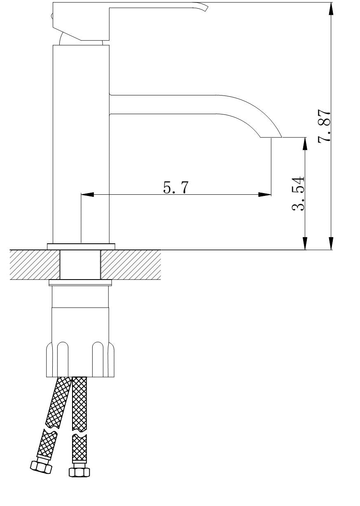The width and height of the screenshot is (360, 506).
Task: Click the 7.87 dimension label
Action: pyautogui.click(x=324, y=126)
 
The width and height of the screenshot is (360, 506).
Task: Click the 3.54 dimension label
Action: pyautogui.click(x=298, y=194)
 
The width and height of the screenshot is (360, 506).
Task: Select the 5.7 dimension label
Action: pyautogui.click(x=175, y=187)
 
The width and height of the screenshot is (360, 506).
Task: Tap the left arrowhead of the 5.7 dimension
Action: pyautogui.click(x=87, y=194)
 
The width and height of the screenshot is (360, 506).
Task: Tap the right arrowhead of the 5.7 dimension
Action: pyautogui.click(x=265, y=194)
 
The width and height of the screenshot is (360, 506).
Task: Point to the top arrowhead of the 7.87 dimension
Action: pyautogui.click(x=331, y=9)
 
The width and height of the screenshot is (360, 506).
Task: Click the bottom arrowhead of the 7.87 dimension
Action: pyautogui.click(x=331, y=243)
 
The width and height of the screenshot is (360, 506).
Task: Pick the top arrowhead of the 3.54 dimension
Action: pyautogui.click(x=305, y=144)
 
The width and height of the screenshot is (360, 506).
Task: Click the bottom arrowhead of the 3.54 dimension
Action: pyautogui.click(x=305, y=243)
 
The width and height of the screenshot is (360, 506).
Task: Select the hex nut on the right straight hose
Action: pyautogui.click(x=79, y=472)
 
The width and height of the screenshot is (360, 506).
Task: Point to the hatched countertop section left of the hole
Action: pyautogui.click(x=35, y=265)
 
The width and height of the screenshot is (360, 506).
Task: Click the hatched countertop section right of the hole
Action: pyautogui.click(x=131, y=265)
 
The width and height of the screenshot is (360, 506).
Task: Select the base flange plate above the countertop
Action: pyautogui.click(x=81, y=247)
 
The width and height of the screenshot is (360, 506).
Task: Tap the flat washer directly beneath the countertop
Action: pyautogui.click(x=80, y=283)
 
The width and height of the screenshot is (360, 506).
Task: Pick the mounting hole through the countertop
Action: pyautogui.click(x=80, y=265)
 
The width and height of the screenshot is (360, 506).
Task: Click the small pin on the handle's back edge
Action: pyautogui.click(x=52, y=16)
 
